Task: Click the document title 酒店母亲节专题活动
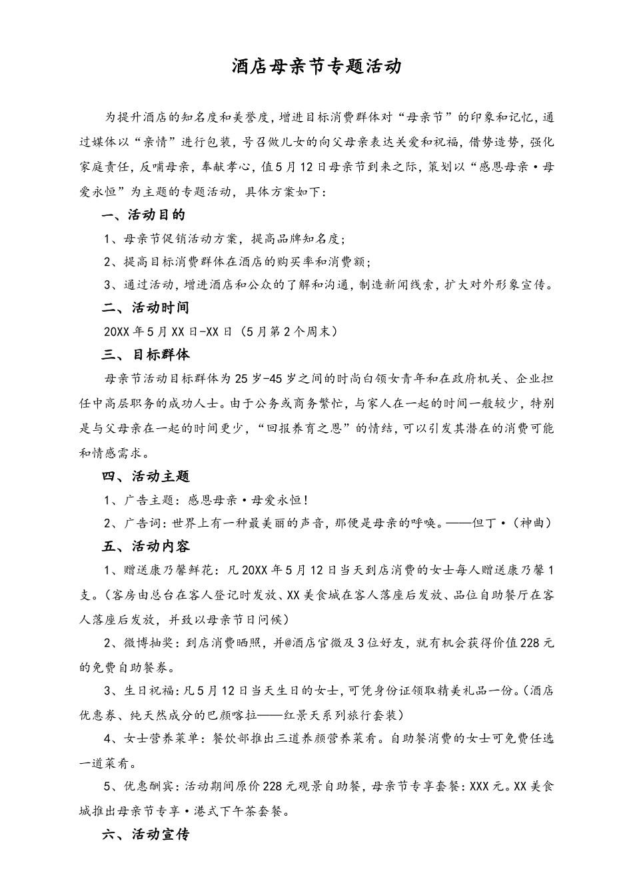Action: tap(316, 66)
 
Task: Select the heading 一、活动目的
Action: tap(143, 214)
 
